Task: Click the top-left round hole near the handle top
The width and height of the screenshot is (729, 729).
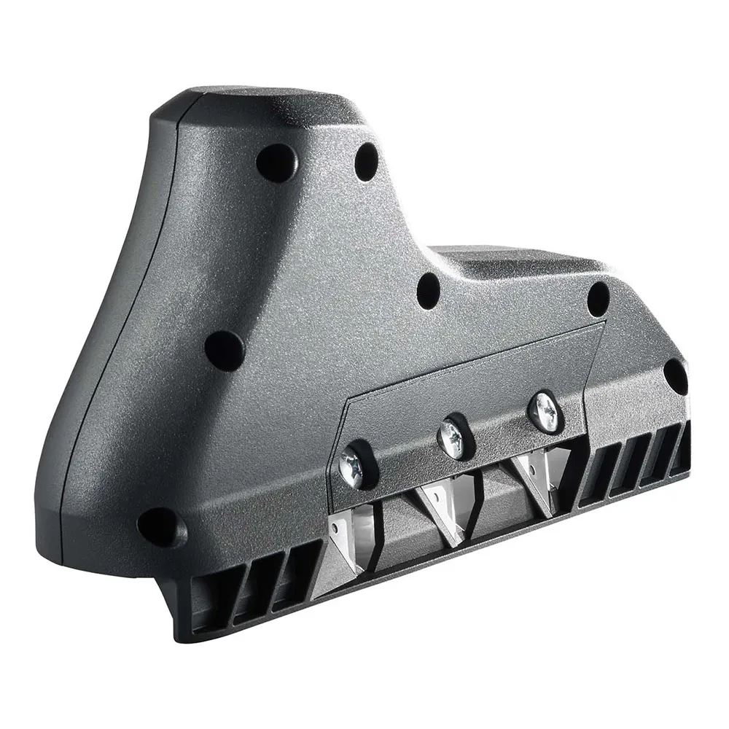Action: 276,162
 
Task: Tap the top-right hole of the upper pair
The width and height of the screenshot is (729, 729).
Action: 367,162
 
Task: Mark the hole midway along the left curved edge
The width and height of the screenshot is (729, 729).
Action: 224,350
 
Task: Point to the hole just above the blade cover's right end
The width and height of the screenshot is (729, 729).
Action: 598,299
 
